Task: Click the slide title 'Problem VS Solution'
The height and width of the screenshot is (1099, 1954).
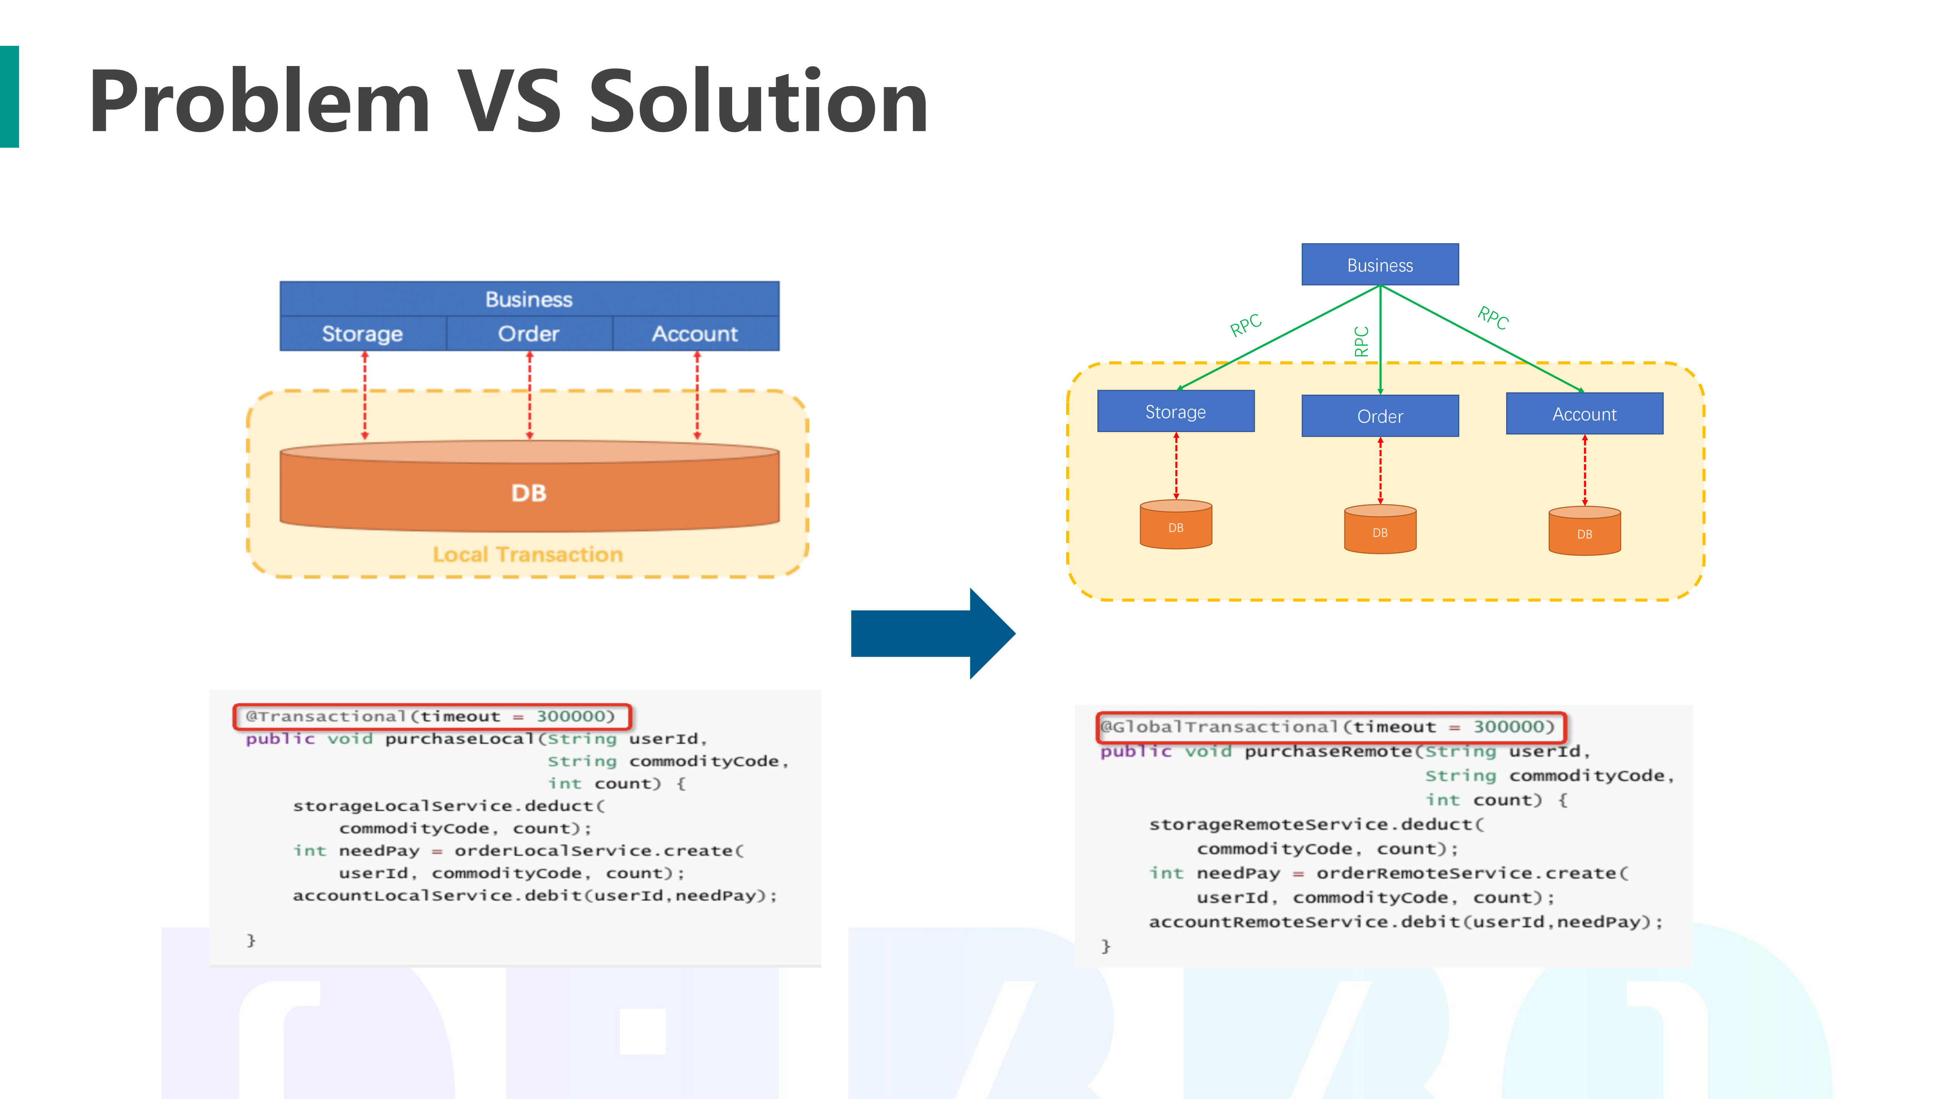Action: coord(508,102)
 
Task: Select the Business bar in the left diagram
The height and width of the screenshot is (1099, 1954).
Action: coord(529,299)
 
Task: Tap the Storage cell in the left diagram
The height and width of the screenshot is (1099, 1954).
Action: coord(363,334)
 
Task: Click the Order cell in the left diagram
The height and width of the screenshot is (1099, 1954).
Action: coord(529,334)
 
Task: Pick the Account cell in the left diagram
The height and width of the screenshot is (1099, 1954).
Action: coord(695,334)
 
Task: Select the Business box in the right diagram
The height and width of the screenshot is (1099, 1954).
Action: coord(1380,265)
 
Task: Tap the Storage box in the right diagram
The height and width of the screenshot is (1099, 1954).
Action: coord(1176,412)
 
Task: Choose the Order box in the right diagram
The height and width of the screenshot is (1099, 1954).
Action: coord(1380,416)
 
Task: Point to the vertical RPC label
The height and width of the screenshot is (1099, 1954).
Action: coord(1362,341)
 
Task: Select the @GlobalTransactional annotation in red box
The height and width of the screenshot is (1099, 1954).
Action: coord(1331,726)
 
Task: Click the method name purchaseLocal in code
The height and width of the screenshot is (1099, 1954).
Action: coord(459,739)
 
